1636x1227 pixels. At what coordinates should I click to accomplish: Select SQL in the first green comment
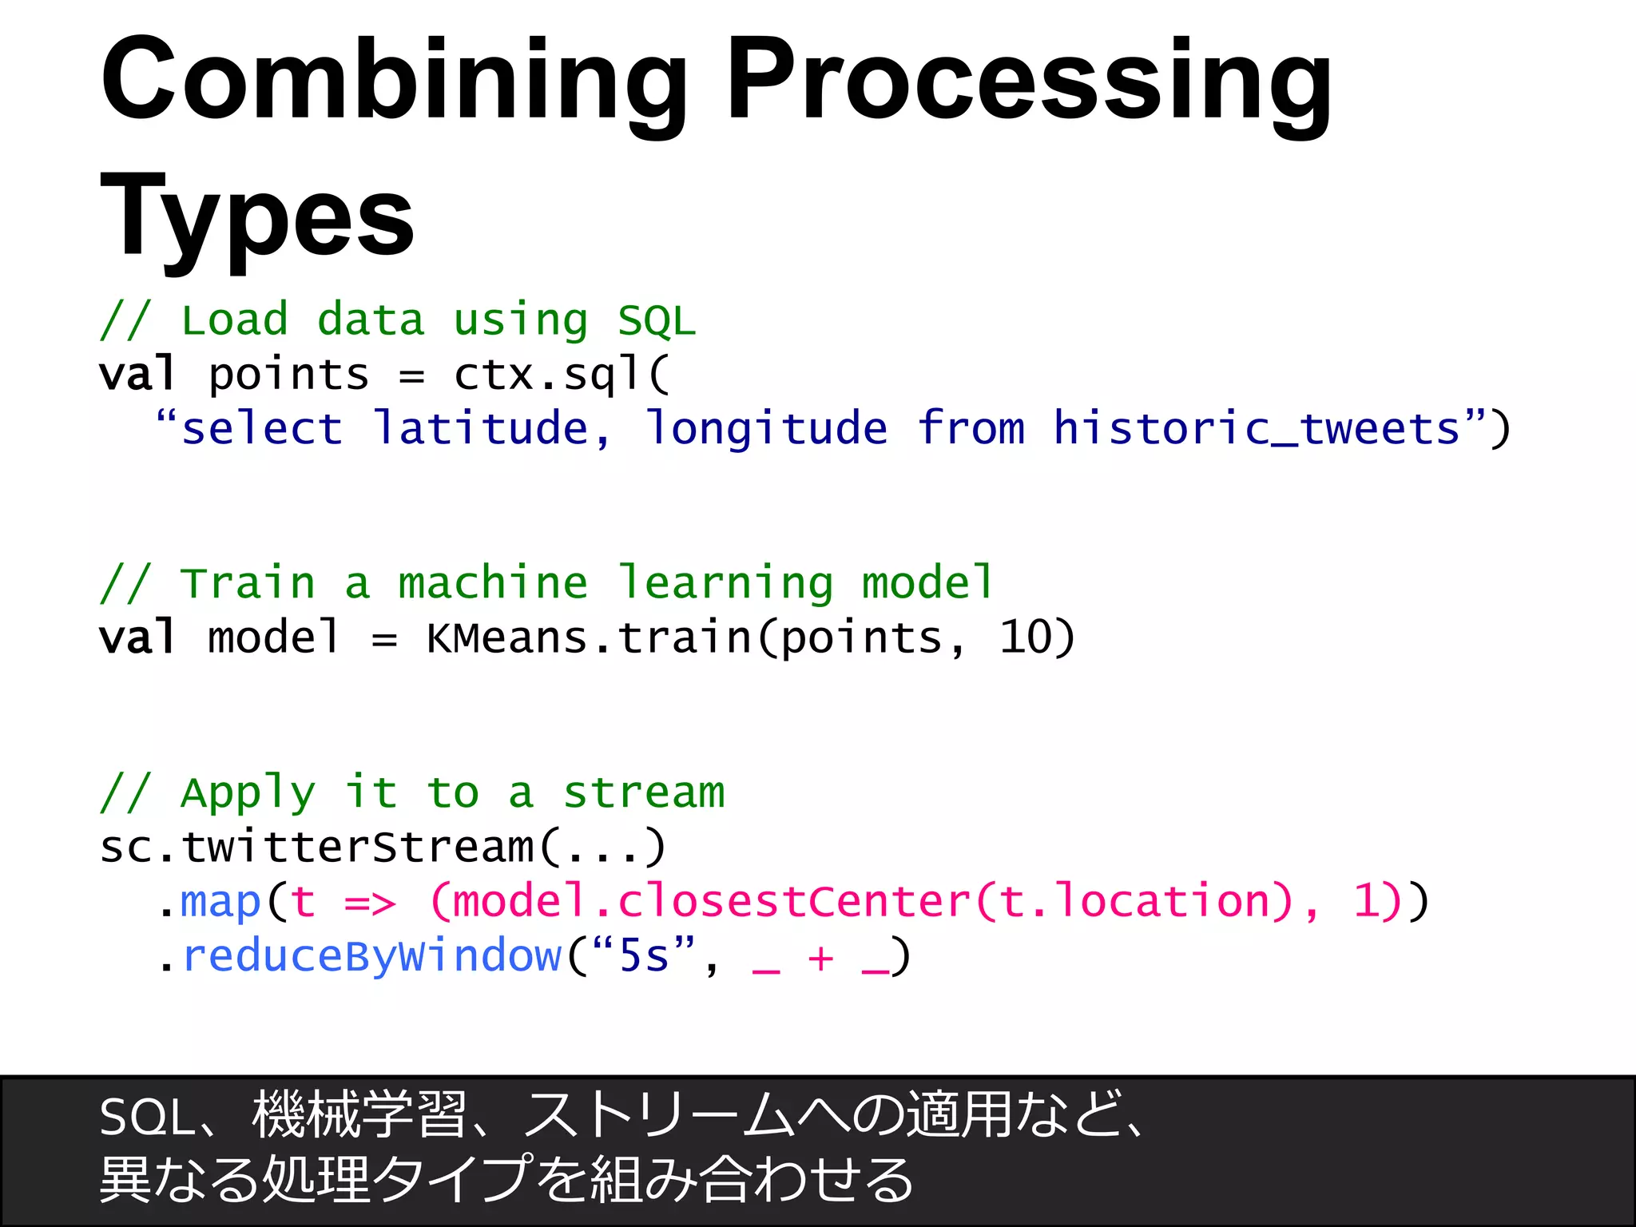[x=657, y=321]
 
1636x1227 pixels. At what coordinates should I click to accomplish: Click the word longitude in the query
[x=765, y=428]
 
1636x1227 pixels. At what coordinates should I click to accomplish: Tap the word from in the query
[x=971, y=428]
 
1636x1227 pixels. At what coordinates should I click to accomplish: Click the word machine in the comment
[x=493, y=582]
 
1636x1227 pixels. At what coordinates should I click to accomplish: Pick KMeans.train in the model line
[x=590, y=637]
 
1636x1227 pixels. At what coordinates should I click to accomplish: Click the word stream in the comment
[x=644, y=792]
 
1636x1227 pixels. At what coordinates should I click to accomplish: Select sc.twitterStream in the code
[x=316, y=847]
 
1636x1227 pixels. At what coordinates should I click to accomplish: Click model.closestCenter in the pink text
[x=711, y=901]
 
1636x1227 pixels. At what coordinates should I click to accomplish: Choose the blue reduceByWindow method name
[x=372, y=956]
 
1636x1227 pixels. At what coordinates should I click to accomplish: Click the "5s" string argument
[x=644, y=955]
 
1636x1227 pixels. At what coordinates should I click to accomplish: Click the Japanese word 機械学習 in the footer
[x=359, y=1115]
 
